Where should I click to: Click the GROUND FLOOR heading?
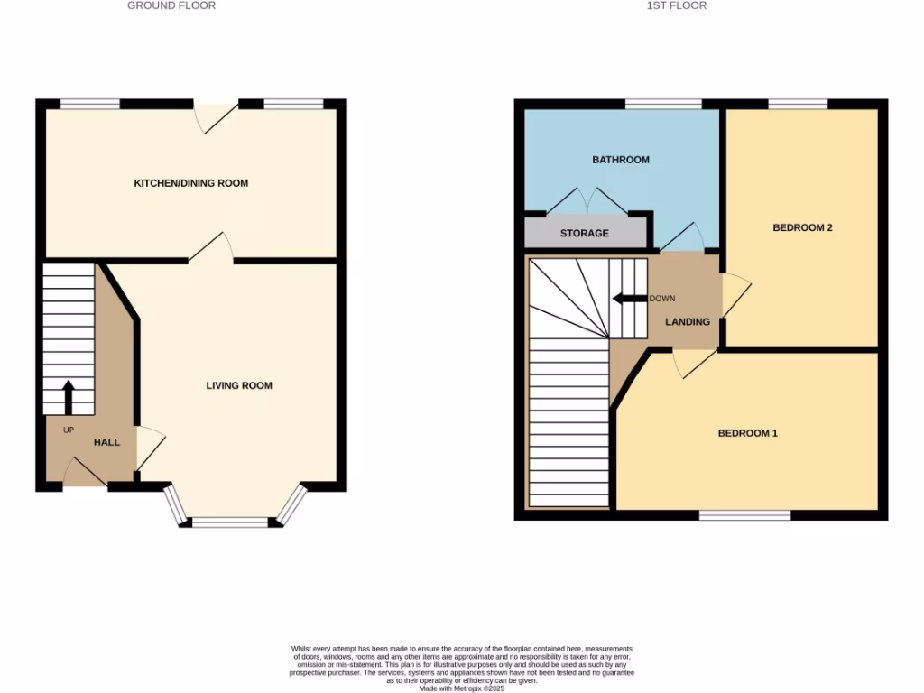point(171,5)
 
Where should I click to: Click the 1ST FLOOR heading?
point(677,5)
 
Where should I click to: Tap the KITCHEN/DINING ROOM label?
point(190,183)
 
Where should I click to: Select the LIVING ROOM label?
point(239,385)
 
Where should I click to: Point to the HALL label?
point(106,442)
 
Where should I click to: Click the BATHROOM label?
point(621,160)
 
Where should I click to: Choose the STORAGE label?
point(585,233)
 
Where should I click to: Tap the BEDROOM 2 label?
point(802,227)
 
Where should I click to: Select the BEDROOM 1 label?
point(747,433)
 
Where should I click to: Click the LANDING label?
point(688,321)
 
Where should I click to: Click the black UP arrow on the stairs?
point(69,396)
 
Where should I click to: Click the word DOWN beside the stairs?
point(662,299)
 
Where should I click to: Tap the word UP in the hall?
point(69,430)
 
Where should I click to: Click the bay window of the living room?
point(231,521)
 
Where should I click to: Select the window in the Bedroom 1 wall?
point(745,515)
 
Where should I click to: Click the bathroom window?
point(663,105)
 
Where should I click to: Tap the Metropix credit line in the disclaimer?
point(461,688)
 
